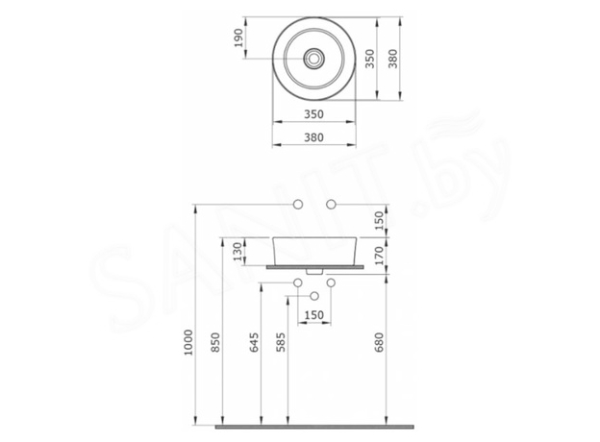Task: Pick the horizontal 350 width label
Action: [x=313, y=114]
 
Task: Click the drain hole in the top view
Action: [x=313, y=58]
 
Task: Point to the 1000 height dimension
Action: [x=189, y=341]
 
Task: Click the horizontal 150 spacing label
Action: [x=313, y=315]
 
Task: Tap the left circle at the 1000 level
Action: [x=296, y=205]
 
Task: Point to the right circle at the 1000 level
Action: [x=332, y=205]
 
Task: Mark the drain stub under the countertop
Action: [x=313, y=271]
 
